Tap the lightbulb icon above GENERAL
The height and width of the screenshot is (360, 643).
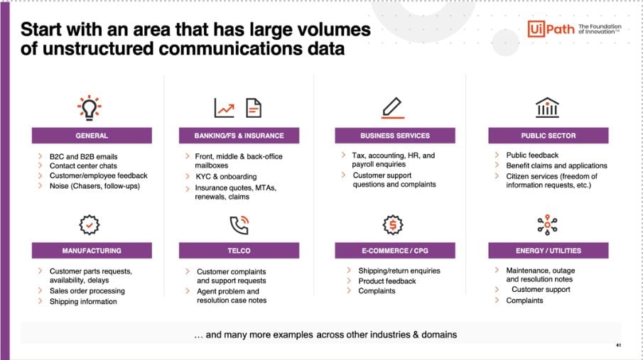click(90, 108)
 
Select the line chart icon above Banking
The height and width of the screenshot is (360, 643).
click(225, 108)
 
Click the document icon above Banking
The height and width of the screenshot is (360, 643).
click(254, 108)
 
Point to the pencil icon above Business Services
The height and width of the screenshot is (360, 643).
click(392, 108)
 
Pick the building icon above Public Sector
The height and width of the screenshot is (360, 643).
click(548, 107)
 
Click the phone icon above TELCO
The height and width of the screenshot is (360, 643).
click(239, 224)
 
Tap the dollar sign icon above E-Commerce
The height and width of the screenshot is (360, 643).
click(393, 224)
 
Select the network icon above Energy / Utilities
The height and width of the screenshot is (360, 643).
click(548, 224)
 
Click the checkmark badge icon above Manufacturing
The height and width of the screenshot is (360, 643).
click(90, 224)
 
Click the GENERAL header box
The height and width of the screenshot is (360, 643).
click(92, 136)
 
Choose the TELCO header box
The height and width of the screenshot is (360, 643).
click(239, 251)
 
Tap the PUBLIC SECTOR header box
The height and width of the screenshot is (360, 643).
click(549, 136)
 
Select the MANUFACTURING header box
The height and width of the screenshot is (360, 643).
click(92, 251)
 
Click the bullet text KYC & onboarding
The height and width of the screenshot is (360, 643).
click(226, 177)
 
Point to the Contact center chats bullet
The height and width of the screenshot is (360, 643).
click(83, 166)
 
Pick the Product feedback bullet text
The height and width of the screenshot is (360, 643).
click(387, 281)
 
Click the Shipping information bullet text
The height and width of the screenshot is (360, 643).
click(83, 302)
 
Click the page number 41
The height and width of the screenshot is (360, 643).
click(618, 345)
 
